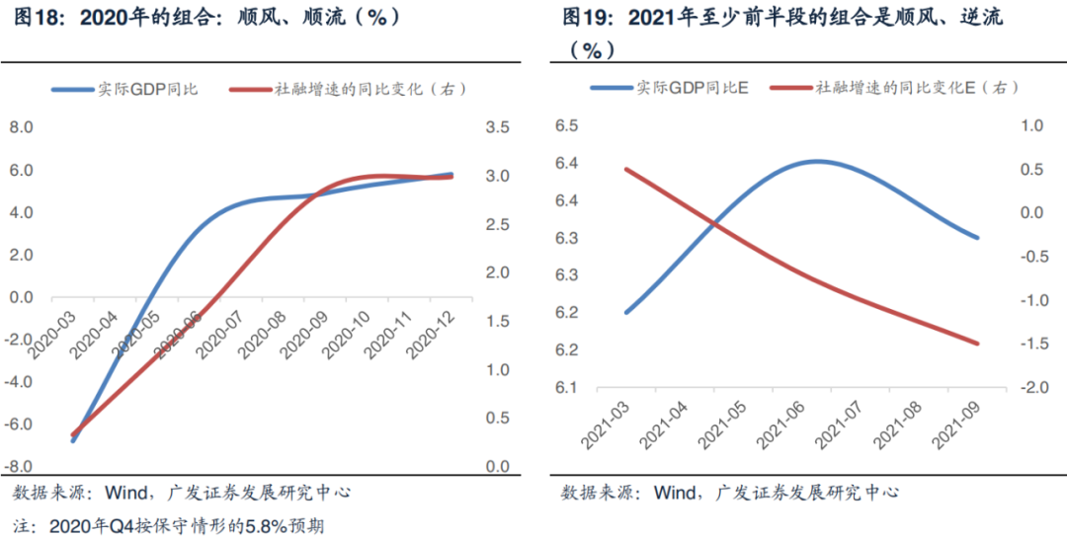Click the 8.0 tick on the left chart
[22, 127]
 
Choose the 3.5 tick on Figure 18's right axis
[497, 127]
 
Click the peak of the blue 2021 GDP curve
[818, 161]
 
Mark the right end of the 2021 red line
[977, 344]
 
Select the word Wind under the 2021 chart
[676, 492]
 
